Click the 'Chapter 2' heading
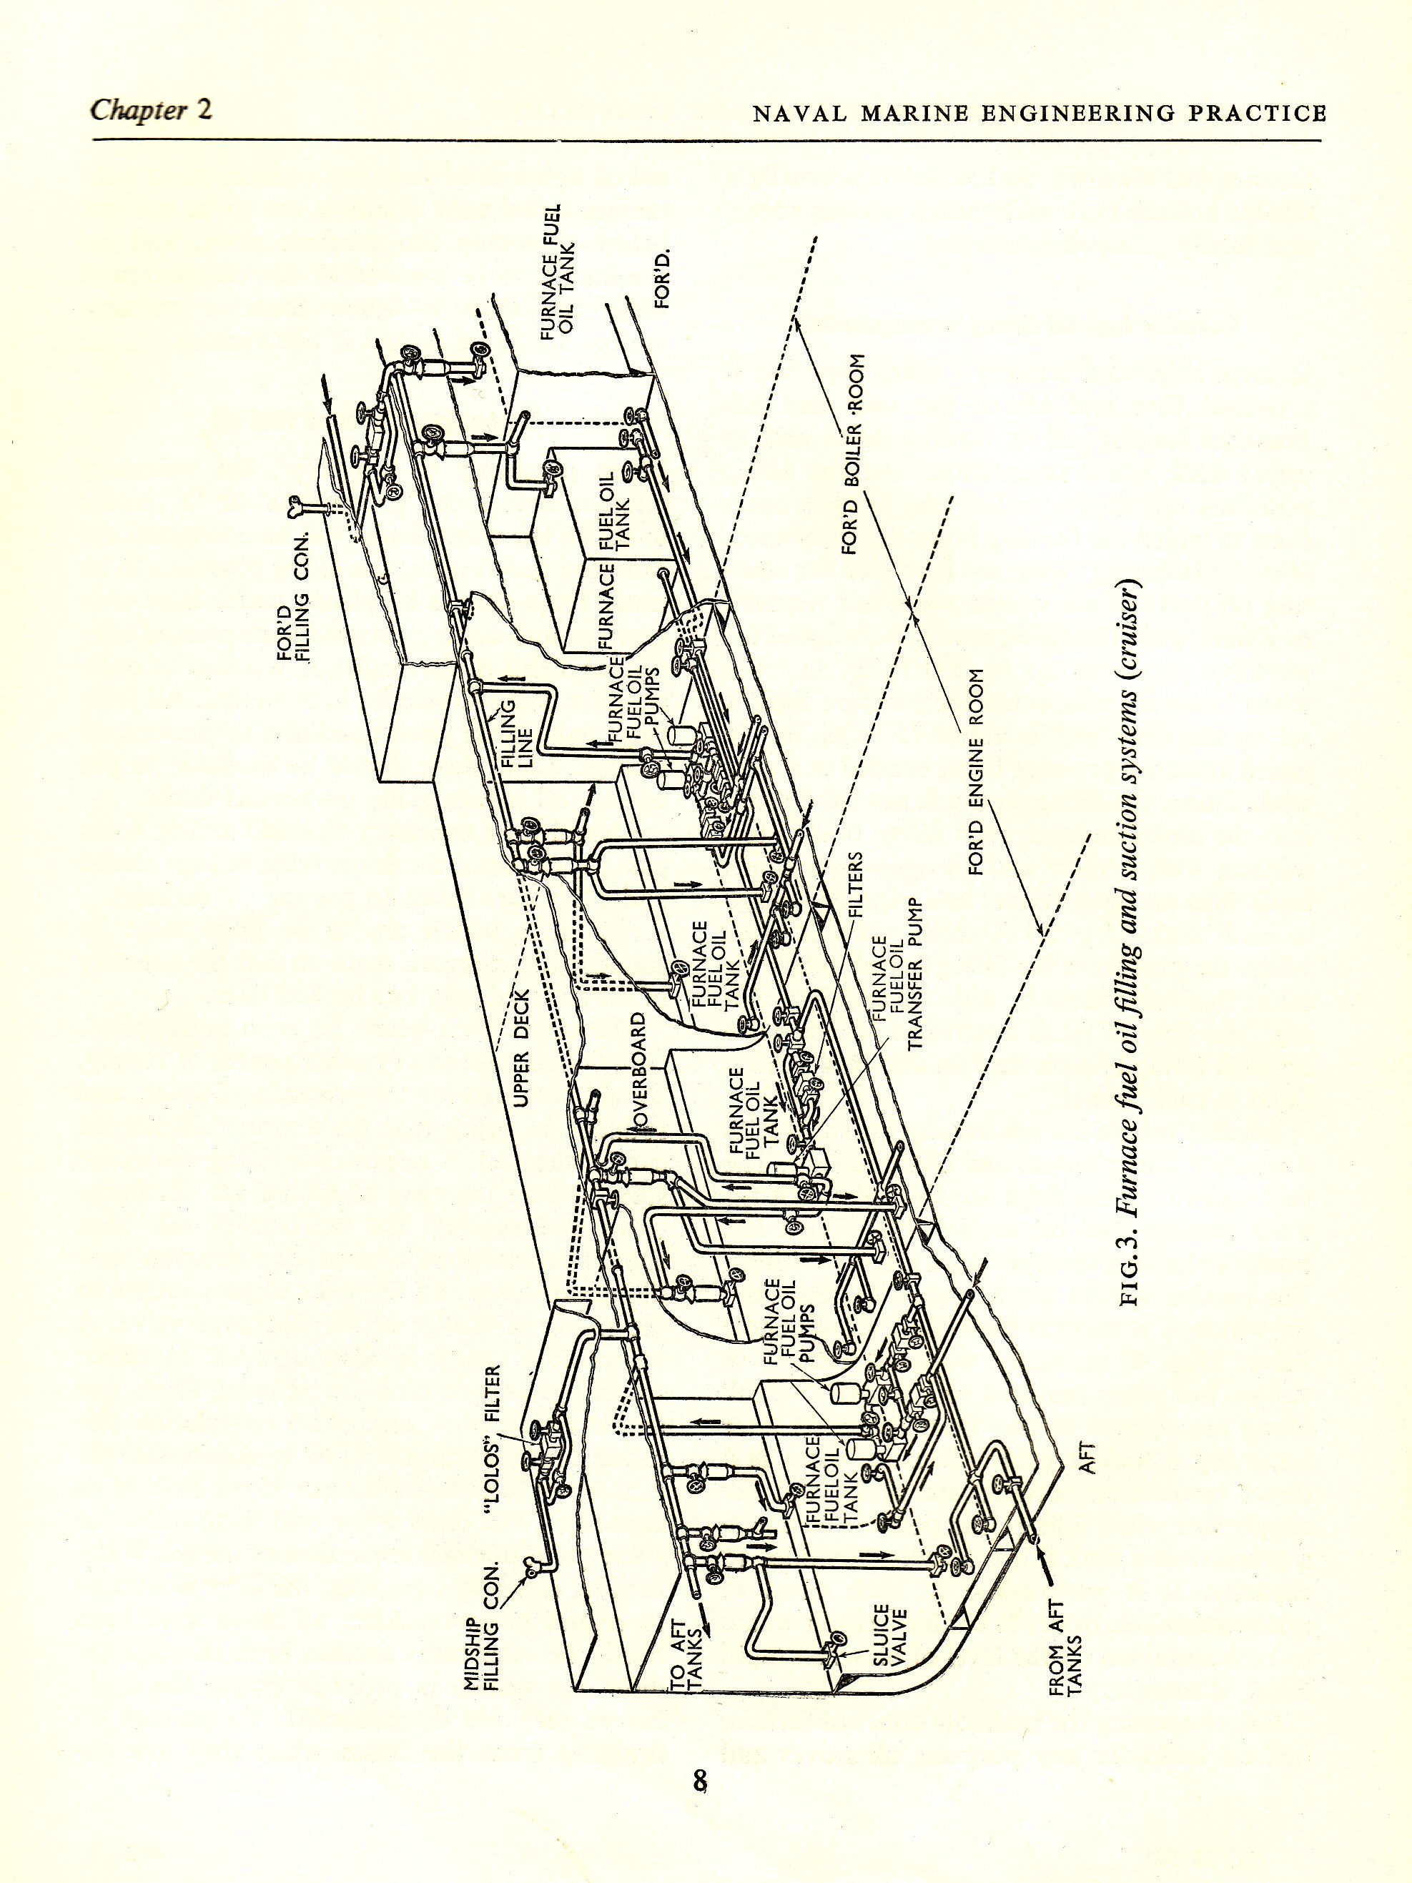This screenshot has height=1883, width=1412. coord(151,111)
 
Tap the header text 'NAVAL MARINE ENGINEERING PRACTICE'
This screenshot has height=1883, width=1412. coord(1040,113)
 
